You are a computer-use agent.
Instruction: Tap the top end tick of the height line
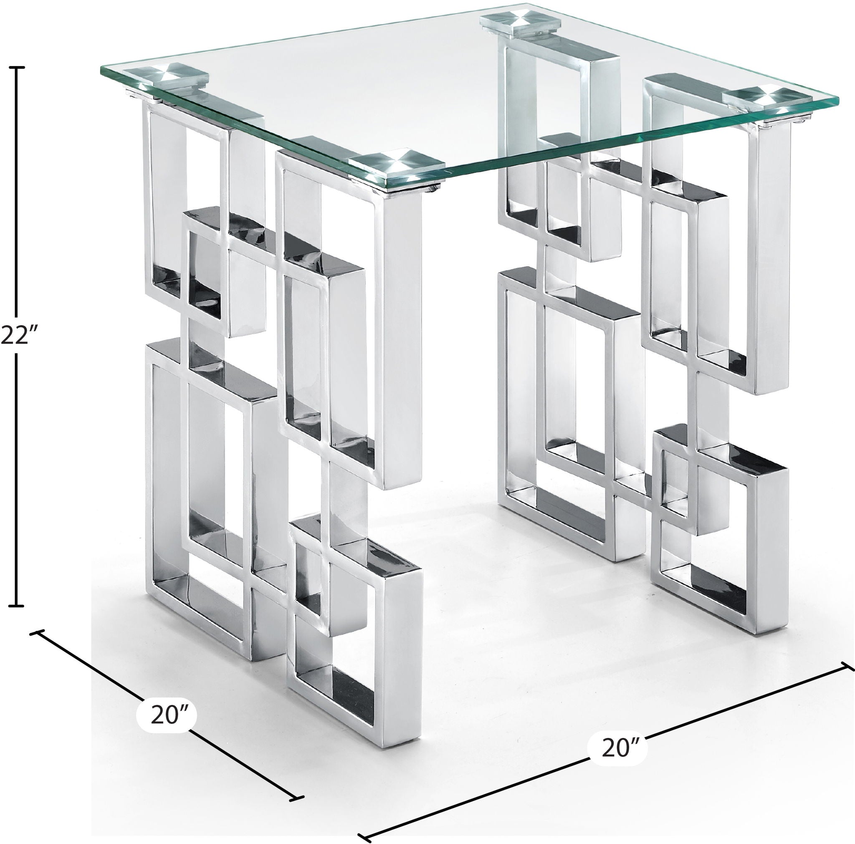[x=17, y=68]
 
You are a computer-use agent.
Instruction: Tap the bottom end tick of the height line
[x=17, y=605]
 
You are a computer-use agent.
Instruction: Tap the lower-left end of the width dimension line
[x=365, y=836]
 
